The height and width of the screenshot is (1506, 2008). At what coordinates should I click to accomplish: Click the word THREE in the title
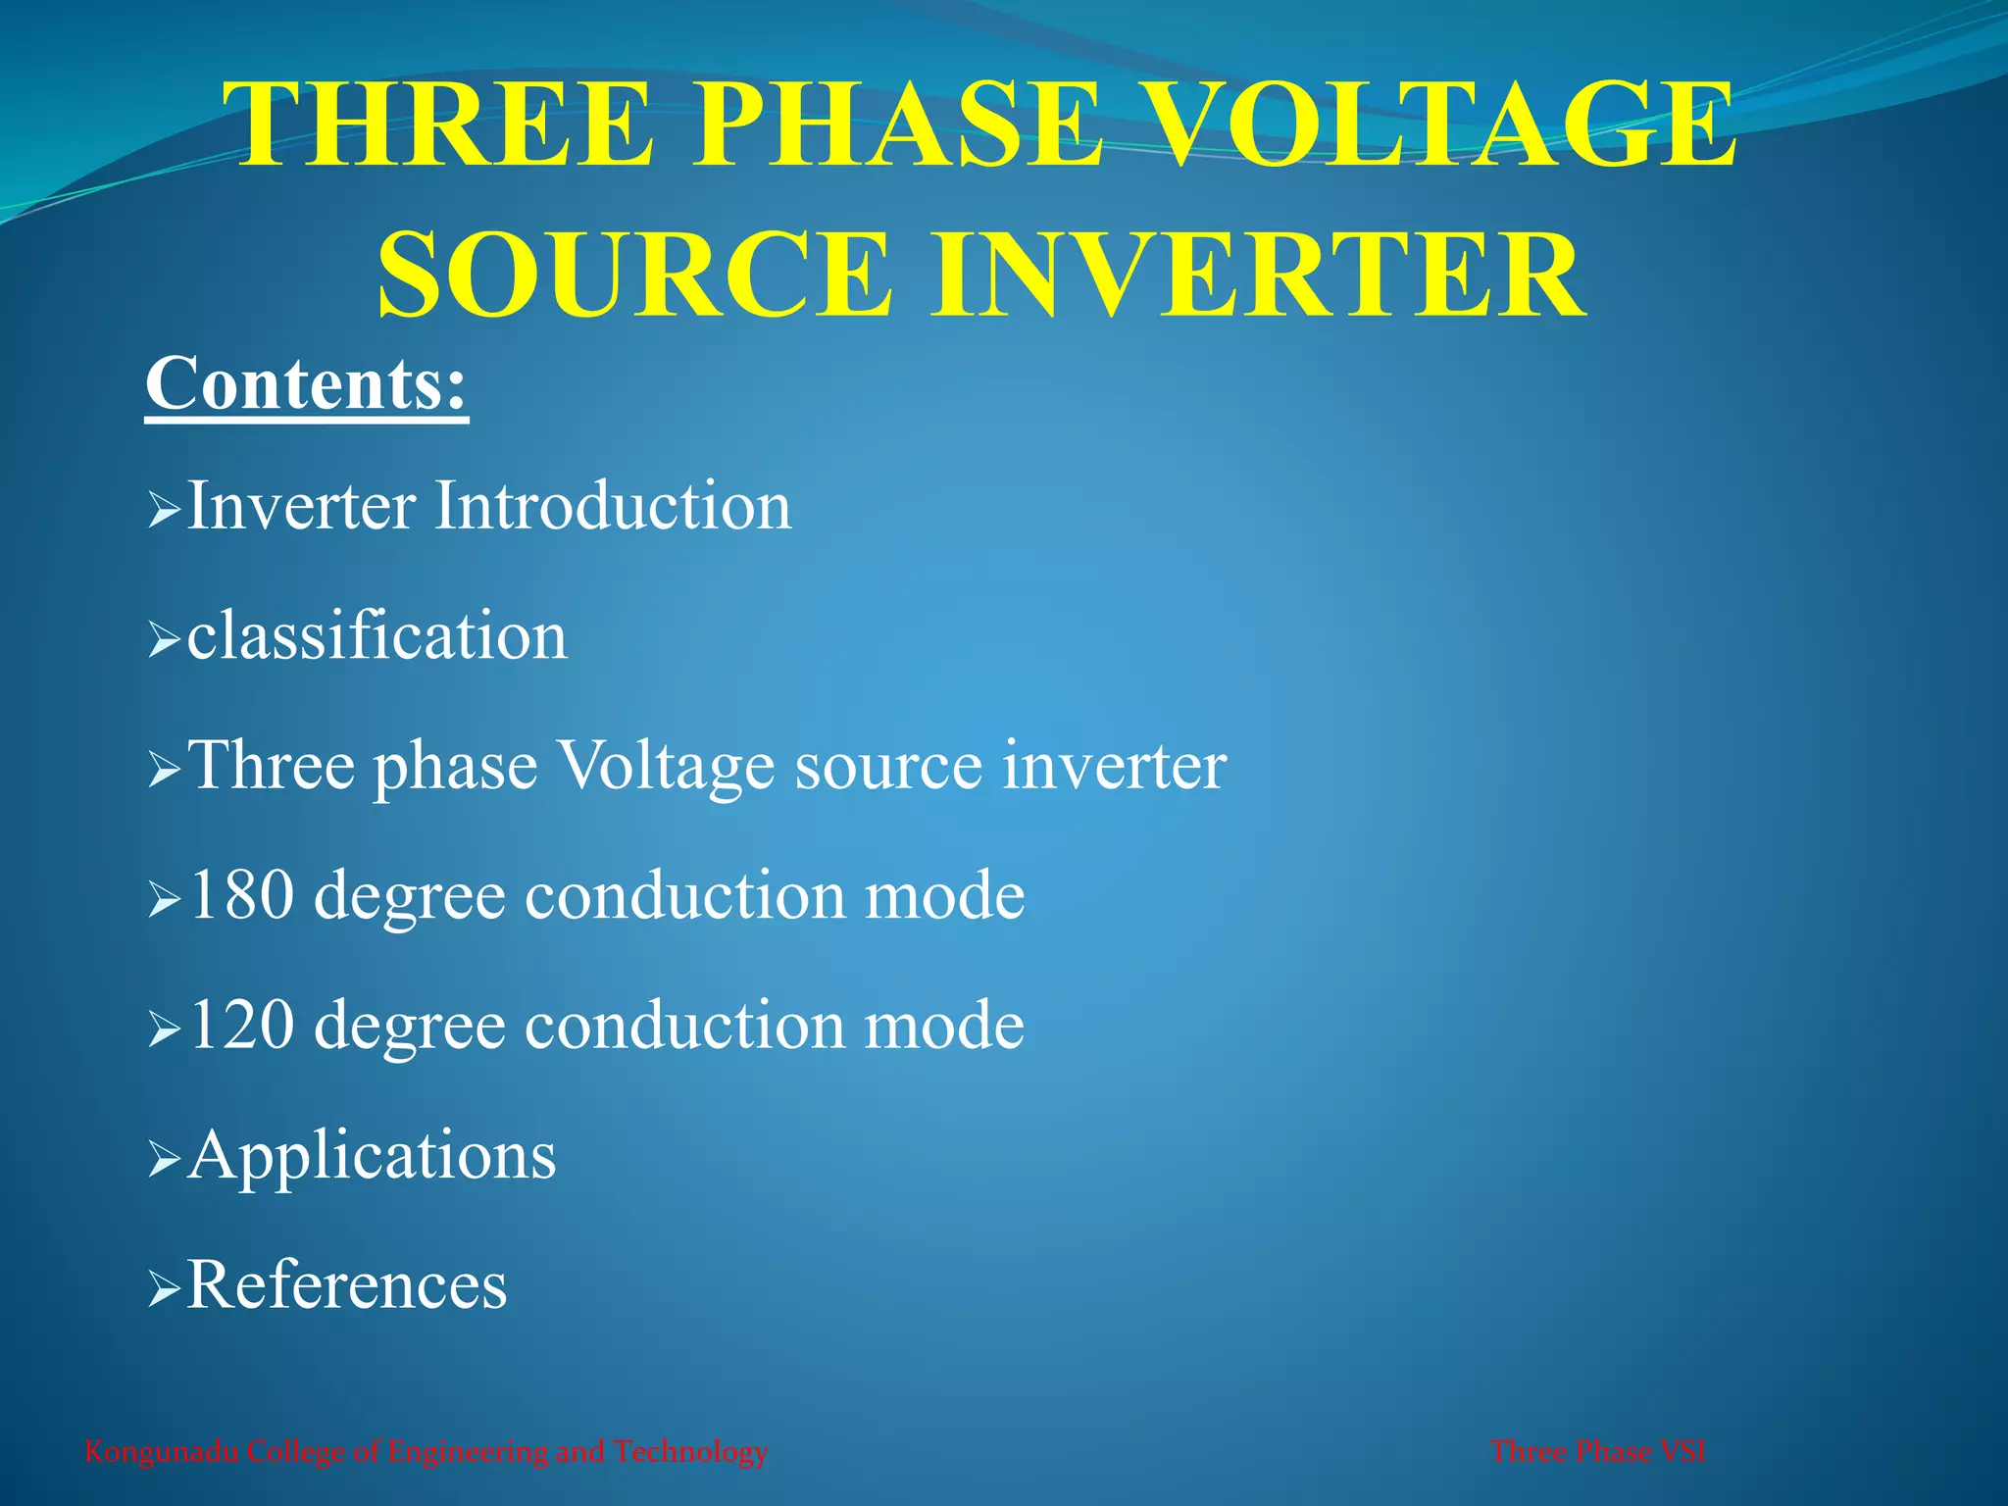pos(444,125)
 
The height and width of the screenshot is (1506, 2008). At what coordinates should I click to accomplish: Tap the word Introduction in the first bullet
pos(612,506)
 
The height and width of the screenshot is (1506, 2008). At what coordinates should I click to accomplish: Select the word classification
pos(376,635)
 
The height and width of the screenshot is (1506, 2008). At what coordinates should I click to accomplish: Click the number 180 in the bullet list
pos(242,894)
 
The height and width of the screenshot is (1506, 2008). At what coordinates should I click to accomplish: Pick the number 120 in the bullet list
pos(242,1025)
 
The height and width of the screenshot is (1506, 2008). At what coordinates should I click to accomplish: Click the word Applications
pos(372,1155)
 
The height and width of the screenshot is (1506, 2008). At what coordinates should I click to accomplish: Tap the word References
pos(347,1284)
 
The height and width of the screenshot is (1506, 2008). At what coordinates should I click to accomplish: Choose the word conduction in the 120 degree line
pos(684,1025)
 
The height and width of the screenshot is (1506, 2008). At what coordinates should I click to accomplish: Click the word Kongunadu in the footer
pos(161,1451)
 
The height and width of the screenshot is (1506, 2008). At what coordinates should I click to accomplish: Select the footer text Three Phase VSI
pos(1597,1451)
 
